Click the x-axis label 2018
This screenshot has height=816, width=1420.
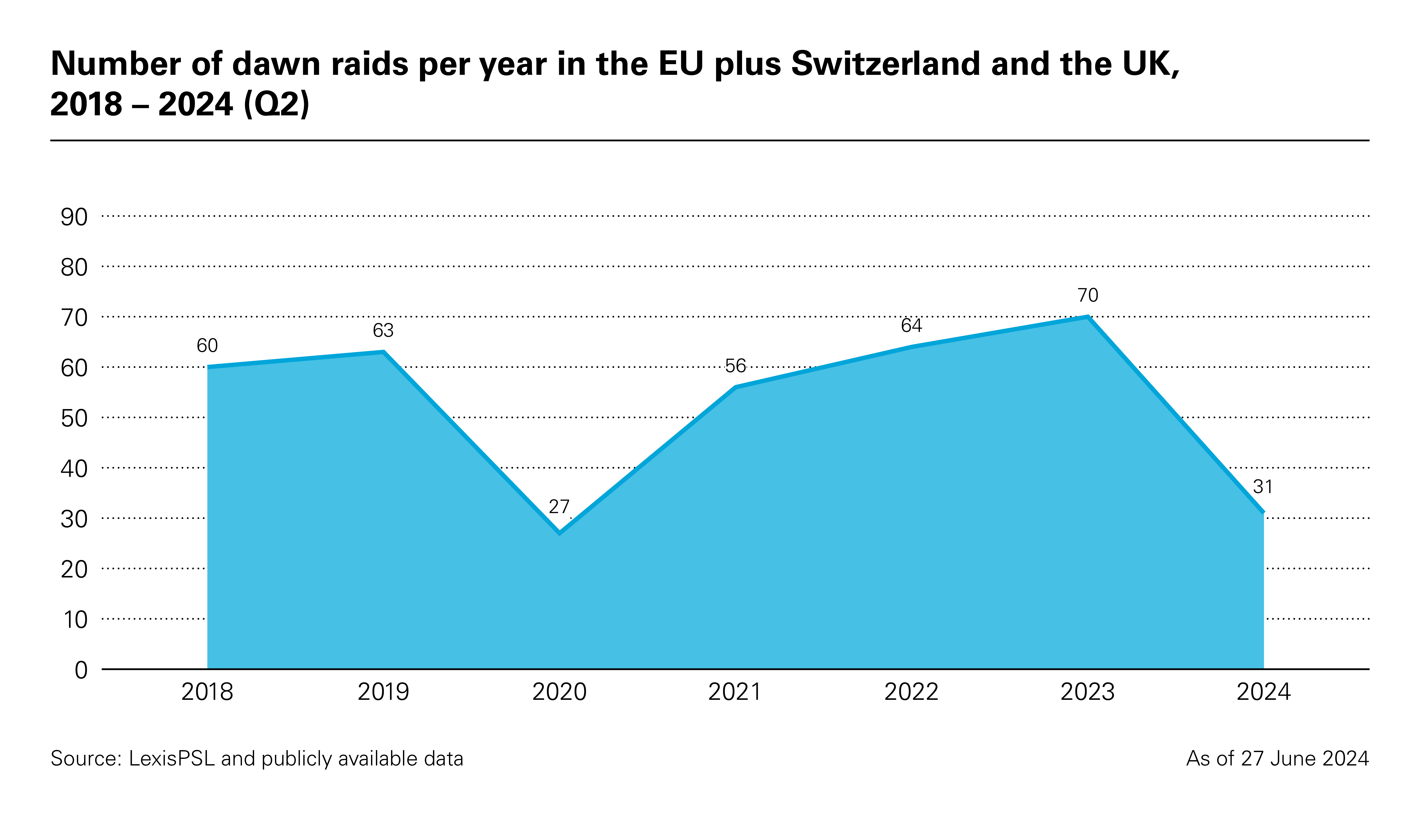207,692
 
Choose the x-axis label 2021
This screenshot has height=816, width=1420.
735,692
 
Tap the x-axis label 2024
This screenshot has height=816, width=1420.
1263,692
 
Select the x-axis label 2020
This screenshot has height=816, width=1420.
559,692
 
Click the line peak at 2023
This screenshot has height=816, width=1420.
1087,317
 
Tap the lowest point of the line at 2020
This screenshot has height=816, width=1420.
559,532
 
